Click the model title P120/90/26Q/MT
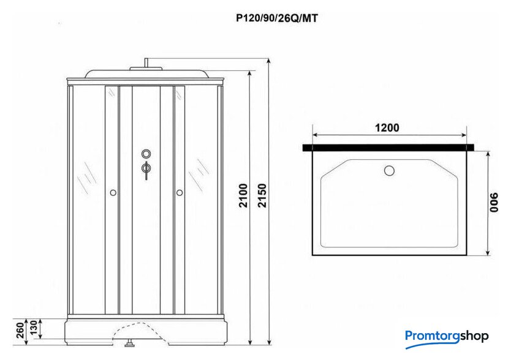coord(277,18)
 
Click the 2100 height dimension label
coord(243,195)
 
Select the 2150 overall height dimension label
coord(262,195)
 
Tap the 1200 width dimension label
coord(387,128)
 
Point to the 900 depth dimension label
coord(494,202)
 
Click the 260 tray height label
coord(20,330)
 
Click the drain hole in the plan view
coord(390,171)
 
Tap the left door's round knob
coord(113,193)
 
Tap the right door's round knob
coord(180,193)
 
